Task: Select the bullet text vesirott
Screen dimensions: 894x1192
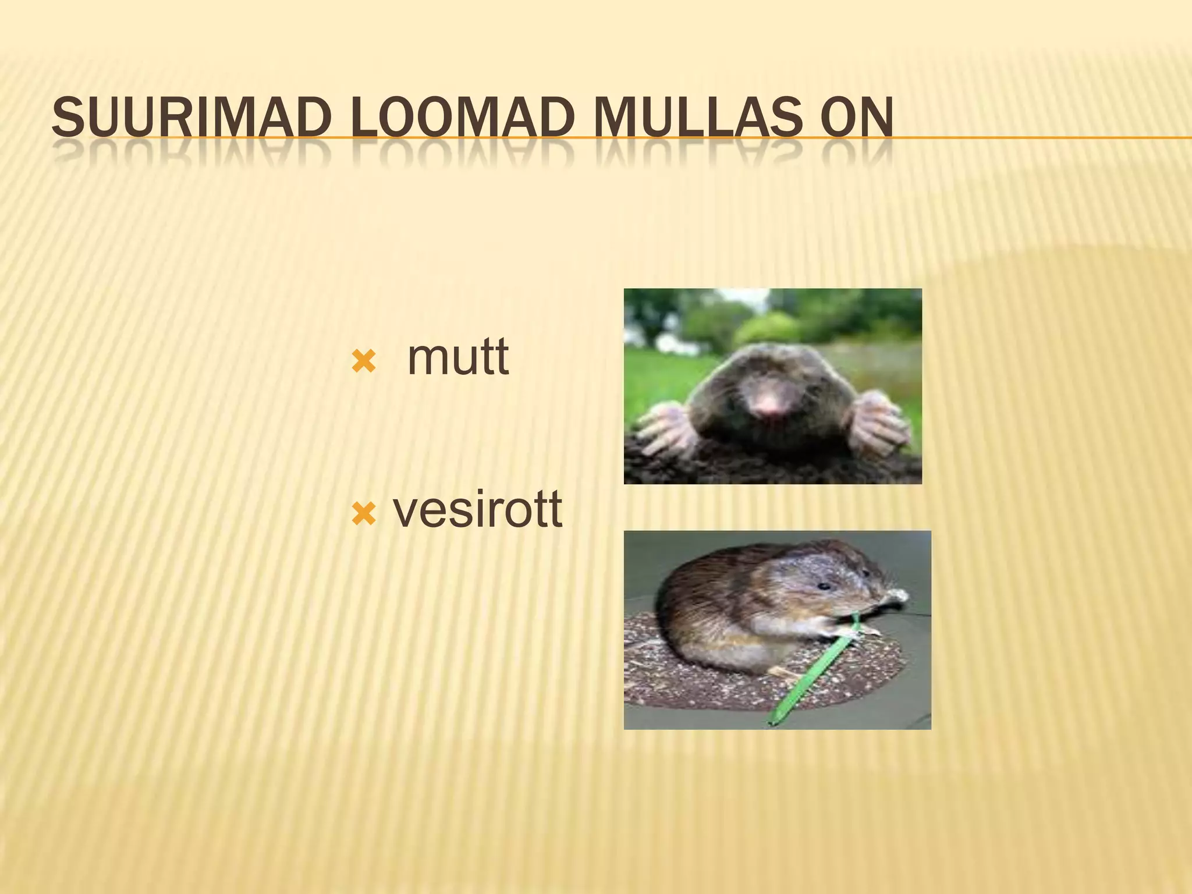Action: (477, 510)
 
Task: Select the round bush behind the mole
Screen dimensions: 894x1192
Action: (762, 329)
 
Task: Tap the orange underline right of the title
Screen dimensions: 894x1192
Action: (1048, 138)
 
